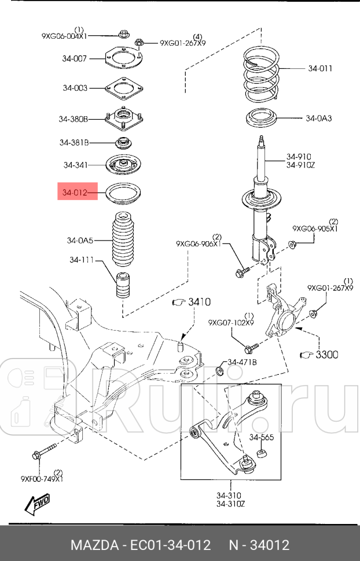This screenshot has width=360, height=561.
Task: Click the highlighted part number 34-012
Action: pyautogui.click(x=75, y=192)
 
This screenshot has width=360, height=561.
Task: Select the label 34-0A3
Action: pyautogui.click(x=318, y=119)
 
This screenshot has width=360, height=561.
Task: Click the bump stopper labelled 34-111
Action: pyautogui.click(x=122, y=285)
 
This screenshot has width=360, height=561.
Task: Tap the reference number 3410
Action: pyautogui.click(x=198, y=302)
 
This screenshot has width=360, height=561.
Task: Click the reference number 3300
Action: pyautogui.click(x=326, y=354)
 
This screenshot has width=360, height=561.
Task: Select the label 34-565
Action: pyautogui.click(x=262, y=437)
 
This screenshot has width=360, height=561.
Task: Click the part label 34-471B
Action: pyautogui.click(x=241, y=362)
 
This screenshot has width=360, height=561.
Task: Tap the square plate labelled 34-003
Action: pyautogui.click(x=122, y=89)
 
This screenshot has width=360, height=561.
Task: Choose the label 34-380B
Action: pyautogui.click(x=73, y=119)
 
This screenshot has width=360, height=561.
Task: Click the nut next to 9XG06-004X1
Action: pyautogui.click(x=122, y=35)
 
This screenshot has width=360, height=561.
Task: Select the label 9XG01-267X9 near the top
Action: pyautogui.click(x=183, y=42)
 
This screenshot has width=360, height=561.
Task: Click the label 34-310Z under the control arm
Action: pyautogui.click(x=231, y=503)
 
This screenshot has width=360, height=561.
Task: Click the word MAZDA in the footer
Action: pyautogui.click(x=94, y=545)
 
